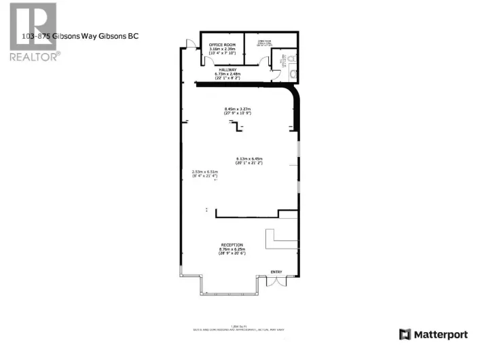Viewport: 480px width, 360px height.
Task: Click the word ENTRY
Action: (x=276, y=272)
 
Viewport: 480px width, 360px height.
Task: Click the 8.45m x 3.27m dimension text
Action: (x=238, y=111)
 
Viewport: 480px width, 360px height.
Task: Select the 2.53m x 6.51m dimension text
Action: (x=204, y=174)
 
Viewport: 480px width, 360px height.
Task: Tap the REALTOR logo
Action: (x=33, y=32)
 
